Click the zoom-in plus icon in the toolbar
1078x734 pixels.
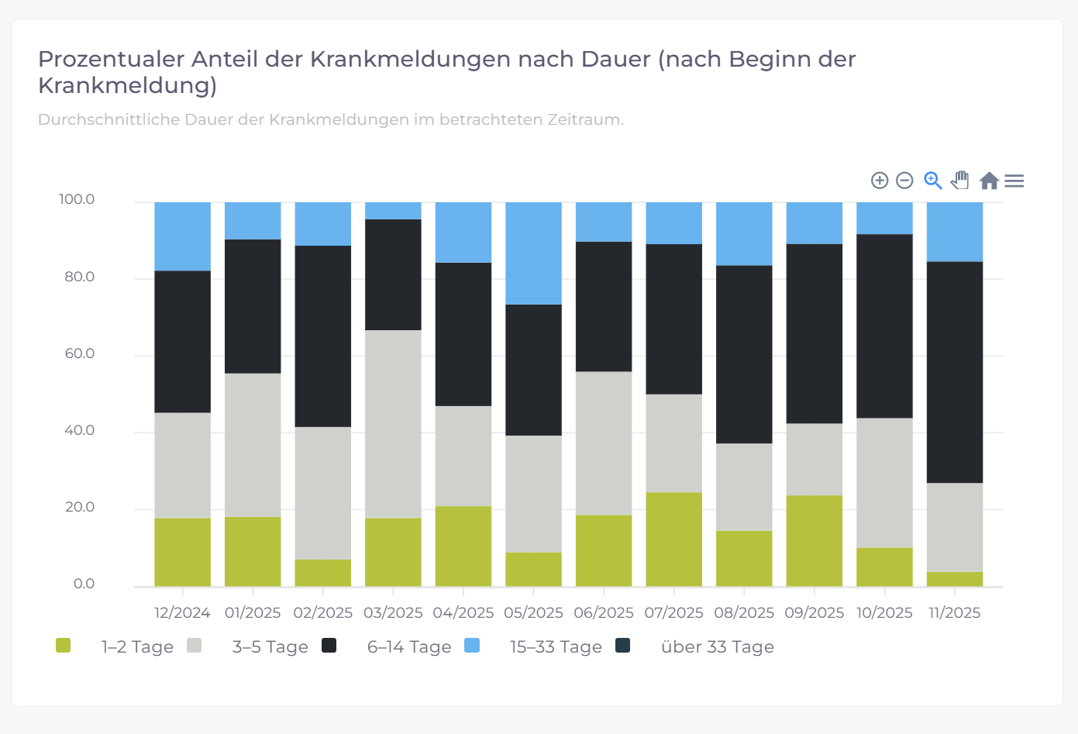click(880, 181)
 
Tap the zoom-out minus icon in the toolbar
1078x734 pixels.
click(904, 181)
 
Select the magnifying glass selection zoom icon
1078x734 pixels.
click(933, 181)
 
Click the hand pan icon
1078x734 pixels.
click(960, 180)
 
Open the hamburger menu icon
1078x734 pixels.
click(1014, 181)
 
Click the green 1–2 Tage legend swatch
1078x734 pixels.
click(64, 646)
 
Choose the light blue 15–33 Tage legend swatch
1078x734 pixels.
click(472, 646)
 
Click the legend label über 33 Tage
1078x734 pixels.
click(717, 646)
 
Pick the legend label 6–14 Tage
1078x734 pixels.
click(409, 646)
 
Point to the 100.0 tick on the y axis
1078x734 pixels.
click(77, 199)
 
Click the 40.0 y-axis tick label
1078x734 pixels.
click(79, 430)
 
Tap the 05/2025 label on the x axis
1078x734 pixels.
click(533, 612)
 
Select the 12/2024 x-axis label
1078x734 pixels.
click(182, 612)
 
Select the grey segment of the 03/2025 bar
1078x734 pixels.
click(393, 424)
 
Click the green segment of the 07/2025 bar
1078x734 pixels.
click(673, 539)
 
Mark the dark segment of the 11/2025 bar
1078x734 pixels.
click(954, 372)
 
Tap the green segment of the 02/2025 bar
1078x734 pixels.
click(322, 573)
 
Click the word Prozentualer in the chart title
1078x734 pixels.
click(111, 60)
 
